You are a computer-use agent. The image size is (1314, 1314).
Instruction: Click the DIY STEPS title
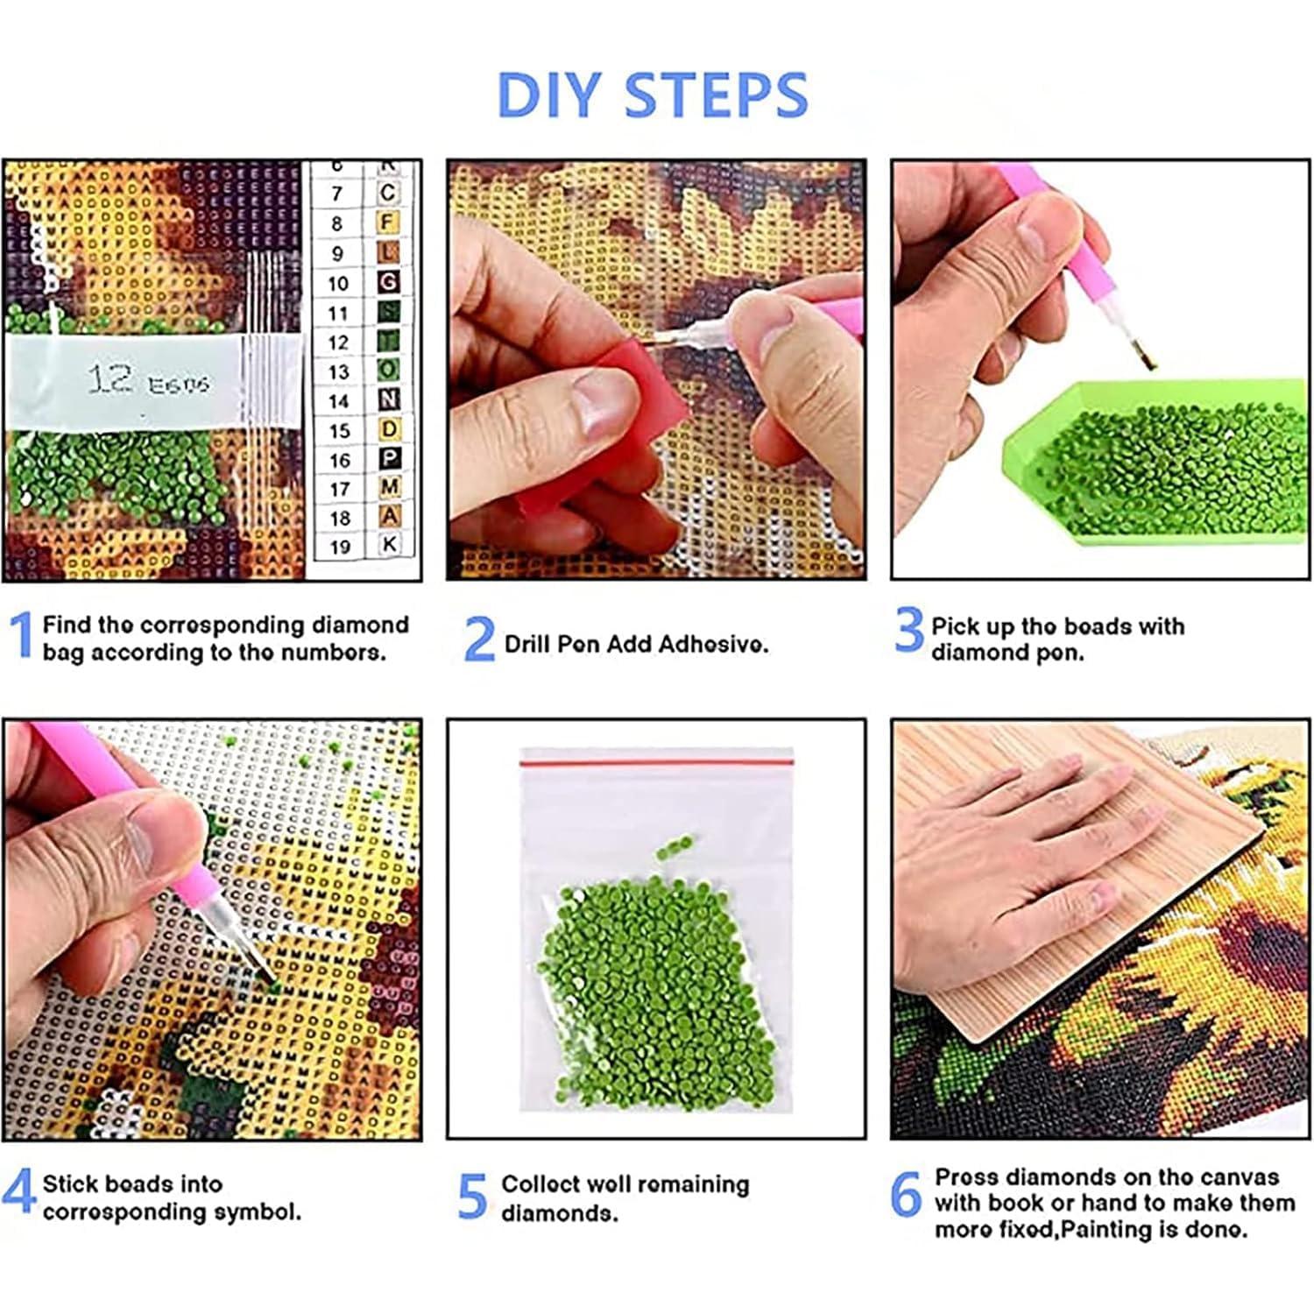[653, 95]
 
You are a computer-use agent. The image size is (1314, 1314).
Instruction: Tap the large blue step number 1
[22, 636]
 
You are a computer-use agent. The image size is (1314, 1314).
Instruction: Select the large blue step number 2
[478, 639]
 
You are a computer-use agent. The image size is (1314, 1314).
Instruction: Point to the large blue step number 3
[909, 629]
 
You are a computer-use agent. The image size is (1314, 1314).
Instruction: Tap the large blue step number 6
[906, 1195]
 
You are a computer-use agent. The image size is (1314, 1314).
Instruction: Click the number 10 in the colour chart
[338, 284]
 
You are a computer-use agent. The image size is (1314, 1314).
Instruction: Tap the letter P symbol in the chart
[389, 458]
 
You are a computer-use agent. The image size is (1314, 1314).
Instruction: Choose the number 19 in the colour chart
[340, 547]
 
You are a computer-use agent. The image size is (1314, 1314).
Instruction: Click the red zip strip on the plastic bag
[656, 763]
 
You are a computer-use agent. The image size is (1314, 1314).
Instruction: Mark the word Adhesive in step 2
[713, 645]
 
